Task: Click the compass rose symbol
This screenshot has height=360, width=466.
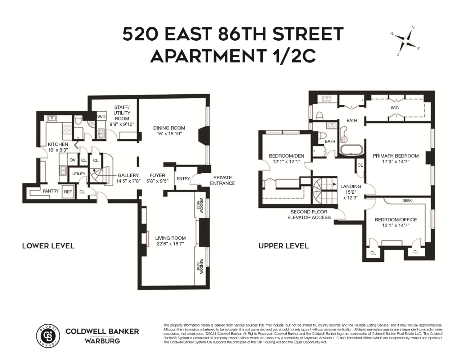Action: [406, 41]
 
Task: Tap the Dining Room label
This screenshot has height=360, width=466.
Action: [169, 128]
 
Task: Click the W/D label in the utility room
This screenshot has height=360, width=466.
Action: [101, 117]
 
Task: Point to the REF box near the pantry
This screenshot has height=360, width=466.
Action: [68, 192]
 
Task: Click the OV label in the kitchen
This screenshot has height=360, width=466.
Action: [72, 160]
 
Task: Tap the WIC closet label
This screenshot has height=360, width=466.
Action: [395, 108]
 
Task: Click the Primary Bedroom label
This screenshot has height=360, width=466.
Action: [395, 156]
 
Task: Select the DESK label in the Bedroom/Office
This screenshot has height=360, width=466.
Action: [407, 201]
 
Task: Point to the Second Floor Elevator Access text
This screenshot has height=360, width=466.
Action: [309, 215]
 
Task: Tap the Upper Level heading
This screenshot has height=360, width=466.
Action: [283, 246]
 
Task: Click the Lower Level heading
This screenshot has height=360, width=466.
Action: [48, 246]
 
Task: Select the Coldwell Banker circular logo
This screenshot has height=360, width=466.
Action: [48, 336]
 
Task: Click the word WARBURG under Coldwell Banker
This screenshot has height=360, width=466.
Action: [102, 341]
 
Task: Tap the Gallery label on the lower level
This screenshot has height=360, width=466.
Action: [128, 175]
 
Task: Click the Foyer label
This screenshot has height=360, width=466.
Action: [157, 175]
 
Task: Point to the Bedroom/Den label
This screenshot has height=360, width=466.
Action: [286, 156]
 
